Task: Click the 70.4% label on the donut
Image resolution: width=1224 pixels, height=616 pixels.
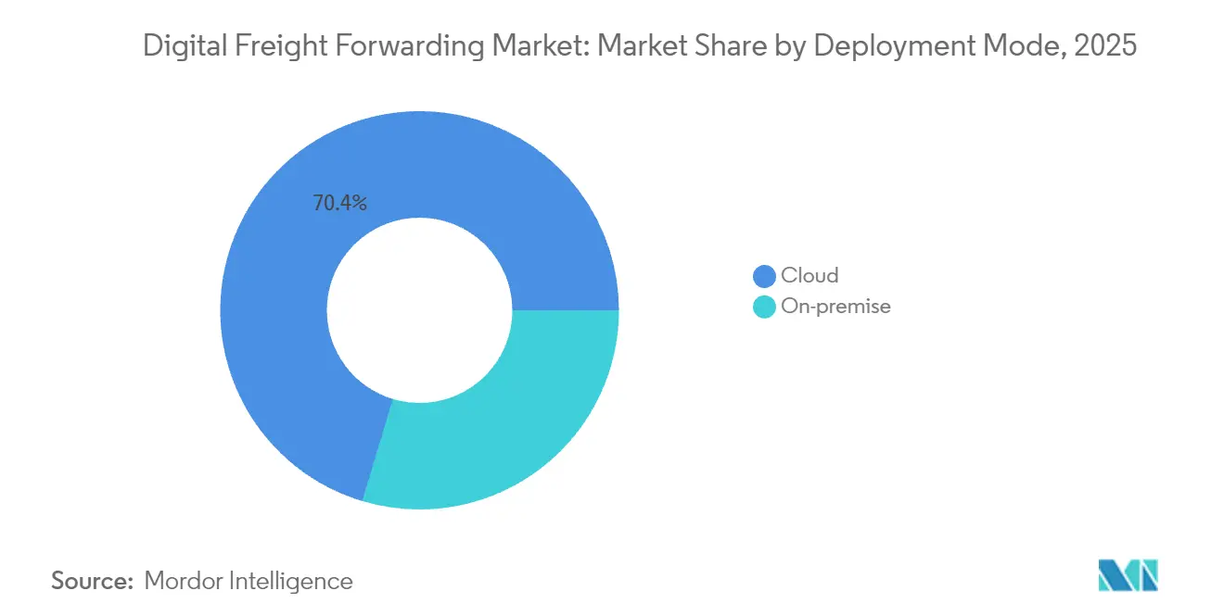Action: point(339,204)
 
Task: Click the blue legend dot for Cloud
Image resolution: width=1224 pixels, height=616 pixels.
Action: point(764,276)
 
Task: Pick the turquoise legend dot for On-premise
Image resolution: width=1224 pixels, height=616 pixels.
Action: point(764,307)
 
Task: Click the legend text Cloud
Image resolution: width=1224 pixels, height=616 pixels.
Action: point(810,276)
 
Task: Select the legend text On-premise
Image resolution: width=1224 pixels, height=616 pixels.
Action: point(835,307)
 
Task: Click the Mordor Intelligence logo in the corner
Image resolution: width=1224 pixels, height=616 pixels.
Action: point(1128,576)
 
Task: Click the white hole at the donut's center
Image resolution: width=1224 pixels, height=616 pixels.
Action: point(419,310)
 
